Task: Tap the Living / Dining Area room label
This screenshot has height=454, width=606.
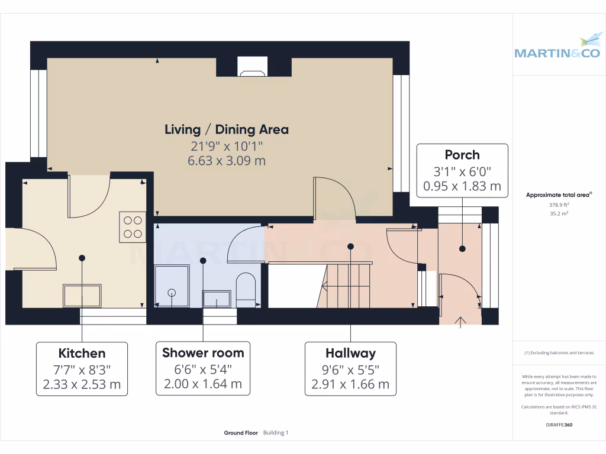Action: [x=227, y=129]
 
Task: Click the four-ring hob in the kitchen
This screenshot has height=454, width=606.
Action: [x=133, y=226]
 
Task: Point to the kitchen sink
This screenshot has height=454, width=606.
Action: [x=82, y=295]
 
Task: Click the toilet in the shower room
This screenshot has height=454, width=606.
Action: [x=246, y=289]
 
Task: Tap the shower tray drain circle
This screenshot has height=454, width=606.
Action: [x=172, y=292]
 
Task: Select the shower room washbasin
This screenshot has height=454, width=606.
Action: [x=217, y=298]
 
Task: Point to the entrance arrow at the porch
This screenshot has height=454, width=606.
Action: [x=460, y=322]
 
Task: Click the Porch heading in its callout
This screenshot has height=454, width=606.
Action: [x=462, y=155]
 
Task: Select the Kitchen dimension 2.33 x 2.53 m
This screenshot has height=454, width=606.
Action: [x=82, y=384]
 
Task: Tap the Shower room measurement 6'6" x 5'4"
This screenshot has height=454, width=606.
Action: [x=203, y=369]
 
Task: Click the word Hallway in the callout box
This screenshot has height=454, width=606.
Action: [x=350, y=354]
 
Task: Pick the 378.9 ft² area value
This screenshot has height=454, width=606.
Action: [x=559, y=205]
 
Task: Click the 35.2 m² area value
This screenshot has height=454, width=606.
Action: [x=559, y=213]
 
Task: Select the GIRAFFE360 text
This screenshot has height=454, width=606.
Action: [x=559, y=425]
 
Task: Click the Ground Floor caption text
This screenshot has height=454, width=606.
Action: [x=241, y=433]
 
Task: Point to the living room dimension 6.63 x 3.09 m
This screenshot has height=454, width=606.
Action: [x=227, y=160]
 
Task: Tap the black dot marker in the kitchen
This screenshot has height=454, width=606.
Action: [x=82, y=258]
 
